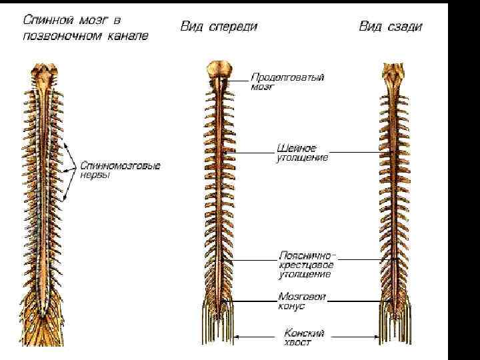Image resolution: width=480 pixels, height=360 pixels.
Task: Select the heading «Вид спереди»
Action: click(x=219, y=27)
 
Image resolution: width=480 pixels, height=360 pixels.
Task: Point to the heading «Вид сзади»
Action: click(x=391, y=27)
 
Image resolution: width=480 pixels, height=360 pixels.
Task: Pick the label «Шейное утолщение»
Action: click(x=301, y=153)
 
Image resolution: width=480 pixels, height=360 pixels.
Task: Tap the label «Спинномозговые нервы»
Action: click(x=120, y=170)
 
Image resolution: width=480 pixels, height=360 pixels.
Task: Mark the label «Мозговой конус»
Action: click(x=301, y=301)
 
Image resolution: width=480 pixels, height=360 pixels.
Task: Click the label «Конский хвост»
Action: click(x=304, y=337)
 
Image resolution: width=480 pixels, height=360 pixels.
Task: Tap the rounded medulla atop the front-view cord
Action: click(x=219, y=69)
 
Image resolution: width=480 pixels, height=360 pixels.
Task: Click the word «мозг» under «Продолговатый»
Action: click(x=263, y=87)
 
